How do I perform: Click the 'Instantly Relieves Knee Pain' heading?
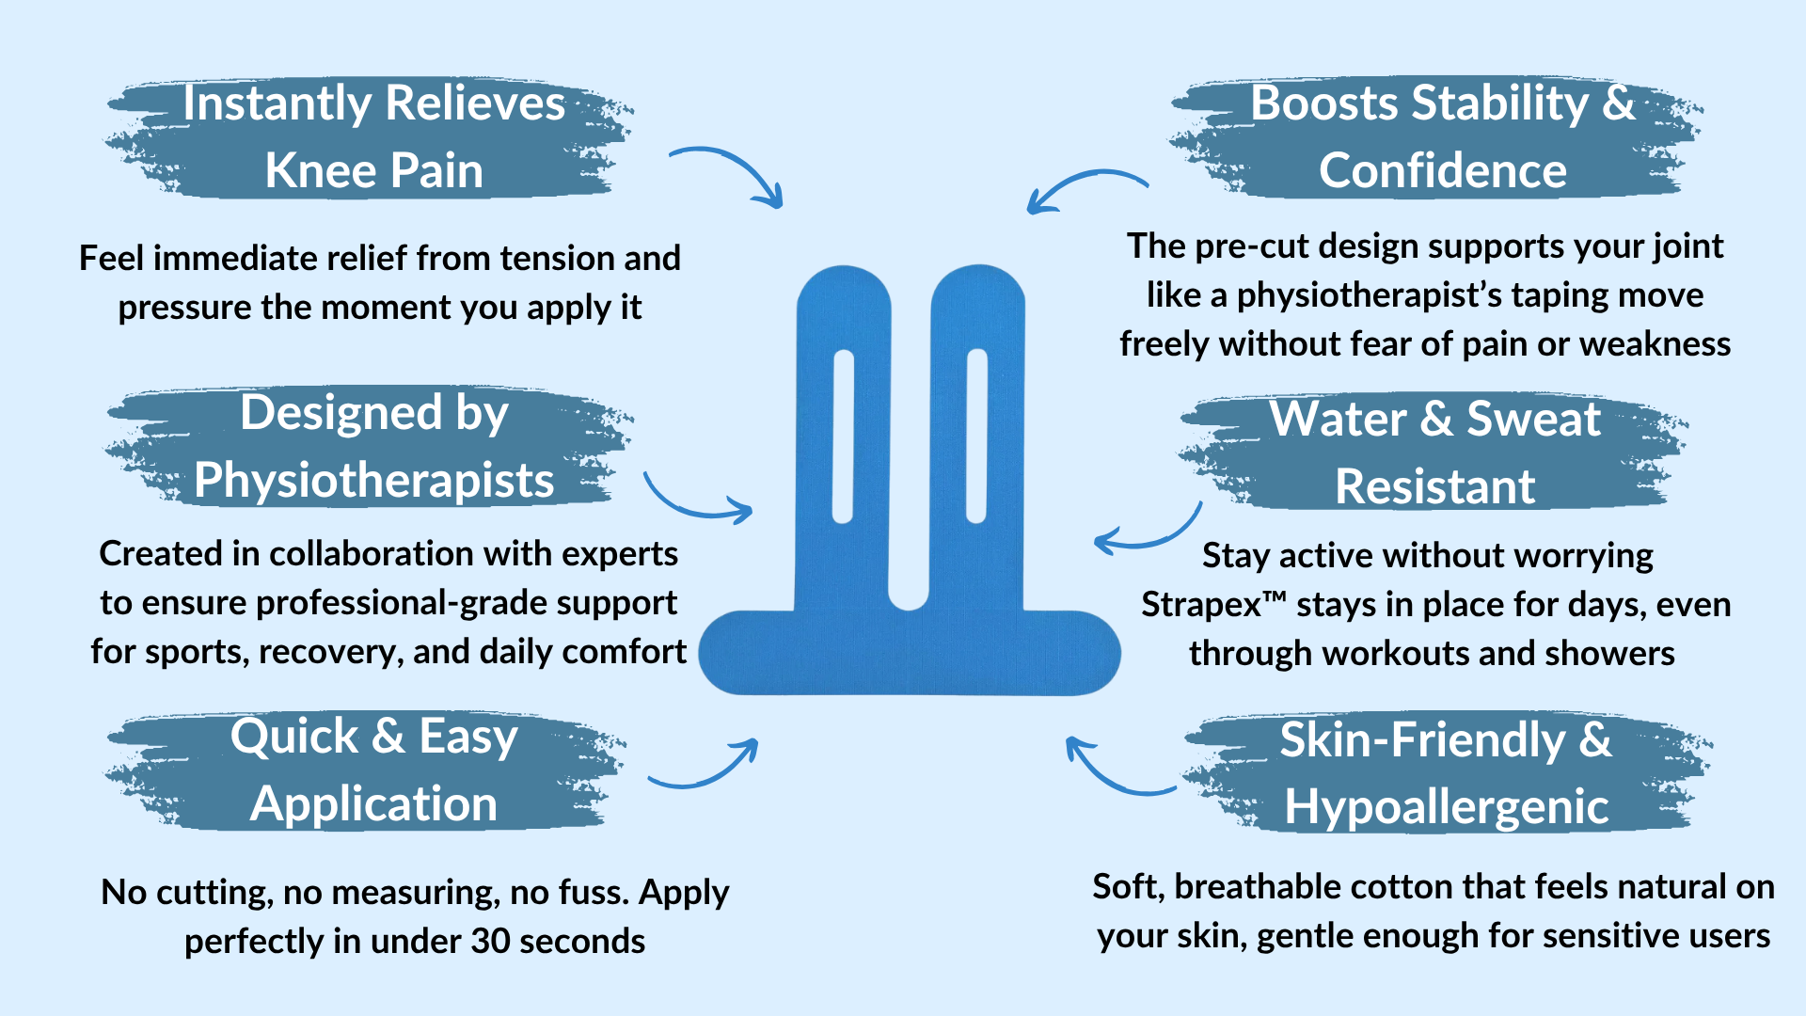(373, 136)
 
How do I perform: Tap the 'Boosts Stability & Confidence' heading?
(1442, 136)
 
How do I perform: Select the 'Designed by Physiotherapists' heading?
(373, 446)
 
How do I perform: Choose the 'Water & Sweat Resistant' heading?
(1434, 452)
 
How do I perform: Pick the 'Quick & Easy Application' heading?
(373, 770)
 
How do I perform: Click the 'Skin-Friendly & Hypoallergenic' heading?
(1446, 772)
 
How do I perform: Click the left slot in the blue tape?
(843, 437)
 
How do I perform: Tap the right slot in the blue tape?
(976, 436)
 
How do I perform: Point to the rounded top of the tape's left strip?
(843, 287)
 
